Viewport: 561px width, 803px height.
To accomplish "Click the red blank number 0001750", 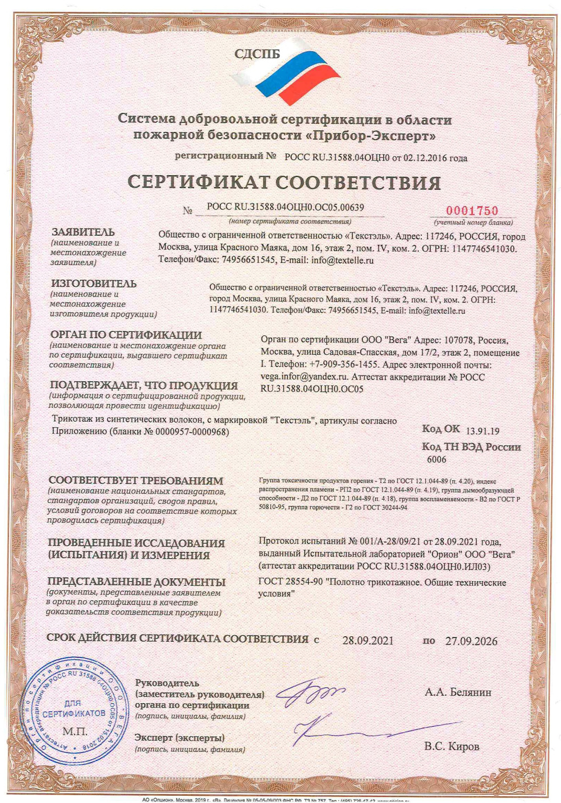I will (472, 211).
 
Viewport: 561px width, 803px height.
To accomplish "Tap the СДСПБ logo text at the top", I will (257, 54).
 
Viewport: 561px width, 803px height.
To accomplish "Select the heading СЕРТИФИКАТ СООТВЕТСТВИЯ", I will (284, 182).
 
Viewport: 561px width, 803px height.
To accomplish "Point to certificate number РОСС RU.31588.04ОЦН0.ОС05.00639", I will (285, 207).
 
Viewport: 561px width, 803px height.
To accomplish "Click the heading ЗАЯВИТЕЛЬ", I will (83, 232).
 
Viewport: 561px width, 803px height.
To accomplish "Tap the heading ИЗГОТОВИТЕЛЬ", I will (94, 284).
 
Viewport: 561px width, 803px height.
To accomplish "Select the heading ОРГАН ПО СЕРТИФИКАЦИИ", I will (126, 335).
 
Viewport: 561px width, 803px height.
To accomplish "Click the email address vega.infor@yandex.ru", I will (305, 377).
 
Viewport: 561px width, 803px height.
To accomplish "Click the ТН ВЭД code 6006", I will (437, 459).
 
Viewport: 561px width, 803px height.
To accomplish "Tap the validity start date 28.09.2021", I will (368, 641).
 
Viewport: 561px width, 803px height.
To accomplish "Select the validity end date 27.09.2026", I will (471, 641).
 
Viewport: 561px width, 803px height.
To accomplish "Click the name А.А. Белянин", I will (458, 692).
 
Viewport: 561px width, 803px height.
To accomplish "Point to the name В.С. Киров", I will (452, 746).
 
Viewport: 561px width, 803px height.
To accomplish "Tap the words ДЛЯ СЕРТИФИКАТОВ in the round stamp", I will (73, 709).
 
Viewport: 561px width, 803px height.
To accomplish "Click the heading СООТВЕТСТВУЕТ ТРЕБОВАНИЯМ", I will (136, 481).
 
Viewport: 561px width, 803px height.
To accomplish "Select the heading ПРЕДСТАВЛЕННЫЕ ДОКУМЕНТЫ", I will (136, 582).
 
